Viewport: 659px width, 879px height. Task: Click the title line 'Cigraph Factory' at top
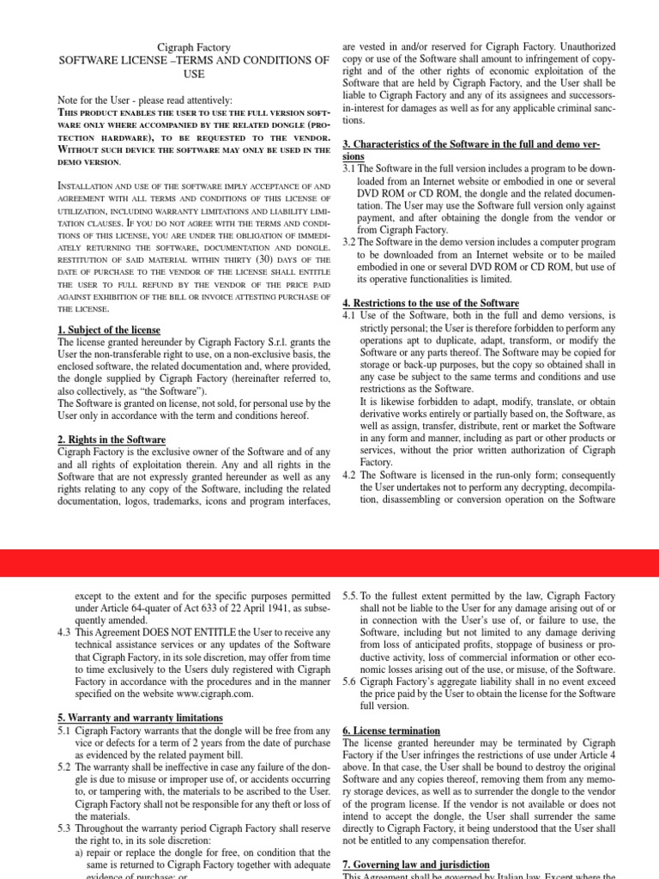(194, 47)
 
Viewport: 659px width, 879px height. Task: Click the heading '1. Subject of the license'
(111, 330)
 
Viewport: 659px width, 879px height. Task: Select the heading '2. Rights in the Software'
(112, 439)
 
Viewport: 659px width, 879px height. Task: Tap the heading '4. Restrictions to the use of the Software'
(431, 303)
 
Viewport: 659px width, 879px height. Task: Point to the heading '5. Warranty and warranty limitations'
(139, 717)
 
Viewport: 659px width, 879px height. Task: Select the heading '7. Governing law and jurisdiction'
(416, 864)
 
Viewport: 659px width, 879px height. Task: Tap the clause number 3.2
(349, 242)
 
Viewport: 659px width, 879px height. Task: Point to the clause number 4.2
(349, 475)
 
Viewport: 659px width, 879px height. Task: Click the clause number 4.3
(63, 633)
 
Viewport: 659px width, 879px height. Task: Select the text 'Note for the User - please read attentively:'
(144, 100)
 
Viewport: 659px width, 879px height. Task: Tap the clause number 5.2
(63, 767)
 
